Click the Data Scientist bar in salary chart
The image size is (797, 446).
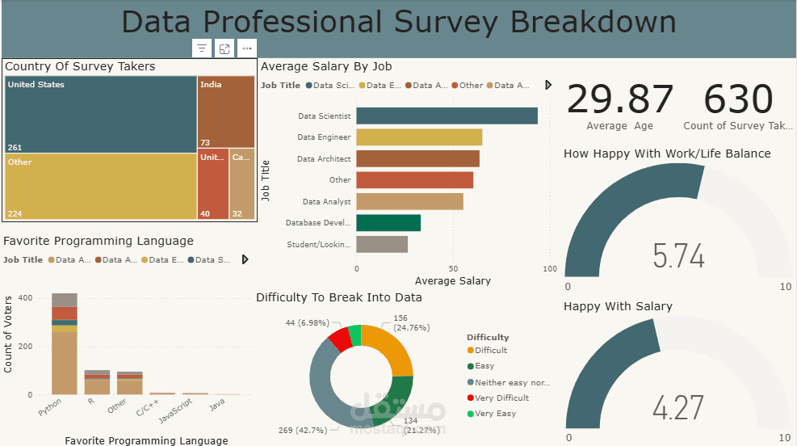pos(447,116)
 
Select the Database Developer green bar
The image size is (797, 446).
pos(388,223)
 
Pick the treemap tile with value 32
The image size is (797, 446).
pos(241,183)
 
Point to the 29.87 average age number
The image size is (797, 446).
pos(619,100)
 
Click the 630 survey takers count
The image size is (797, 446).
pos(738,100)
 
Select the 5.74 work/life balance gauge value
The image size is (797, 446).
pos(678,256)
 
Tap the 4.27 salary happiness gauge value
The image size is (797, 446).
pos(678,408)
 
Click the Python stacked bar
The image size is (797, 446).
pos(65,343)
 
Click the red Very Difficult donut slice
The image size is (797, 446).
pos(340,340)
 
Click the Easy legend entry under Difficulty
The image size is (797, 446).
pos(484,366)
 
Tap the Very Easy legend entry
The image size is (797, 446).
pos(495,414)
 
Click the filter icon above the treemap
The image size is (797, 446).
pos(202,48)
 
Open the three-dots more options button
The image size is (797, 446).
pos(247,48)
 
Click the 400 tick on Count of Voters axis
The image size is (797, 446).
pos(25,298)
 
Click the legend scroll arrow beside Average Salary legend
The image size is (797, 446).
pos(549,85)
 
